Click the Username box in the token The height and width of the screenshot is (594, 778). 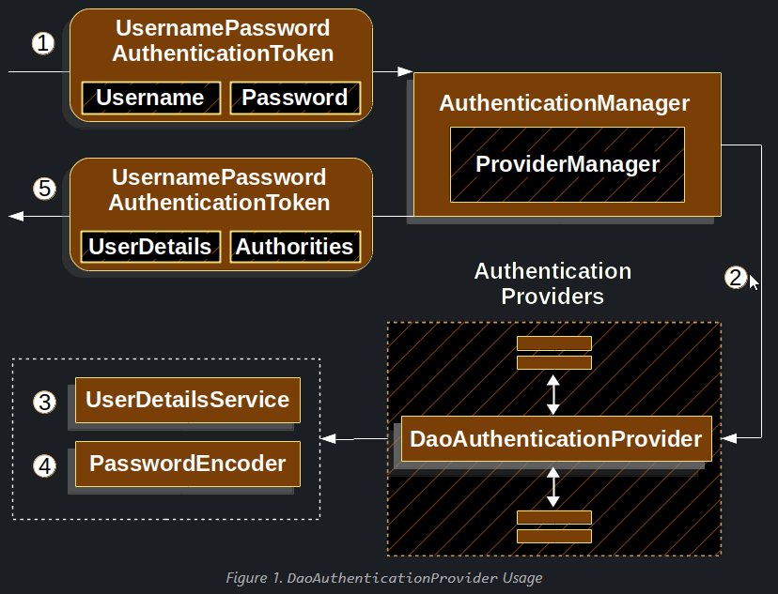151,99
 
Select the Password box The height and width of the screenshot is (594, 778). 295,99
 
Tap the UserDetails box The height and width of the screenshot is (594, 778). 151,247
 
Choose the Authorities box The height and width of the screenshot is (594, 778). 295,247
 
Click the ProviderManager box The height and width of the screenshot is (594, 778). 568,164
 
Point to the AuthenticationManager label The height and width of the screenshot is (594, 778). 564,103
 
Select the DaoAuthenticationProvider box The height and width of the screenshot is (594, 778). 556,439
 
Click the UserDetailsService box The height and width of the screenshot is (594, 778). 188,401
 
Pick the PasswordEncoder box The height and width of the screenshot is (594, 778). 188,465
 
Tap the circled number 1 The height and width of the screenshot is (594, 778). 43,43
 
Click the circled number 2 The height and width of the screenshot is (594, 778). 736,278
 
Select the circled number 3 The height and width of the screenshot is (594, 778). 44,402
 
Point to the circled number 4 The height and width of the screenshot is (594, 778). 44,465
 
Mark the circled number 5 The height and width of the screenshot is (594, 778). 44,189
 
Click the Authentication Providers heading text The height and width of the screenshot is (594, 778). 552,284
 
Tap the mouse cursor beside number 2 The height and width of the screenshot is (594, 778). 754,282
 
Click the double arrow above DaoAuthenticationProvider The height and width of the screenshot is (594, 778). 553,395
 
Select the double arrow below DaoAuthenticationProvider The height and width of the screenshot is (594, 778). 553,487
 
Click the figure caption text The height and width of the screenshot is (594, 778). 384,578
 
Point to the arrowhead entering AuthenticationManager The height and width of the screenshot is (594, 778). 405,72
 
